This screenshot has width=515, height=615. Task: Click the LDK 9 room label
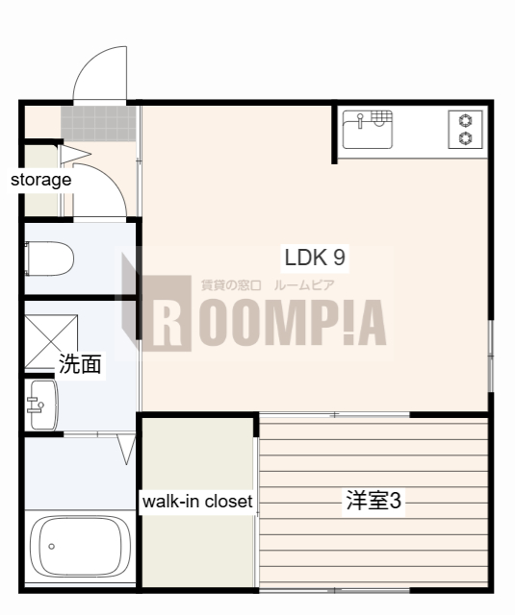(314, 257)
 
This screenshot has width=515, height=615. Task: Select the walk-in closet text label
(197, 502)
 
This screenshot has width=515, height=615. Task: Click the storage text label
(40, 180)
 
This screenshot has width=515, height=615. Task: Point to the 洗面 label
(80, 364)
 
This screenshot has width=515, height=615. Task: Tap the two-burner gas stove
(467, 130)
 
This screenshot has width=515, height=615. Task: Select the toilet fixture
(48, 257)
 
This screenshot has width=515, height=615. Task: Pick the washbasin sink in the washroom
(40, 405)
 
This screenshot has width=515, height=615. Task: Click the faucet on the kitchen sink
(360, 120)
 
